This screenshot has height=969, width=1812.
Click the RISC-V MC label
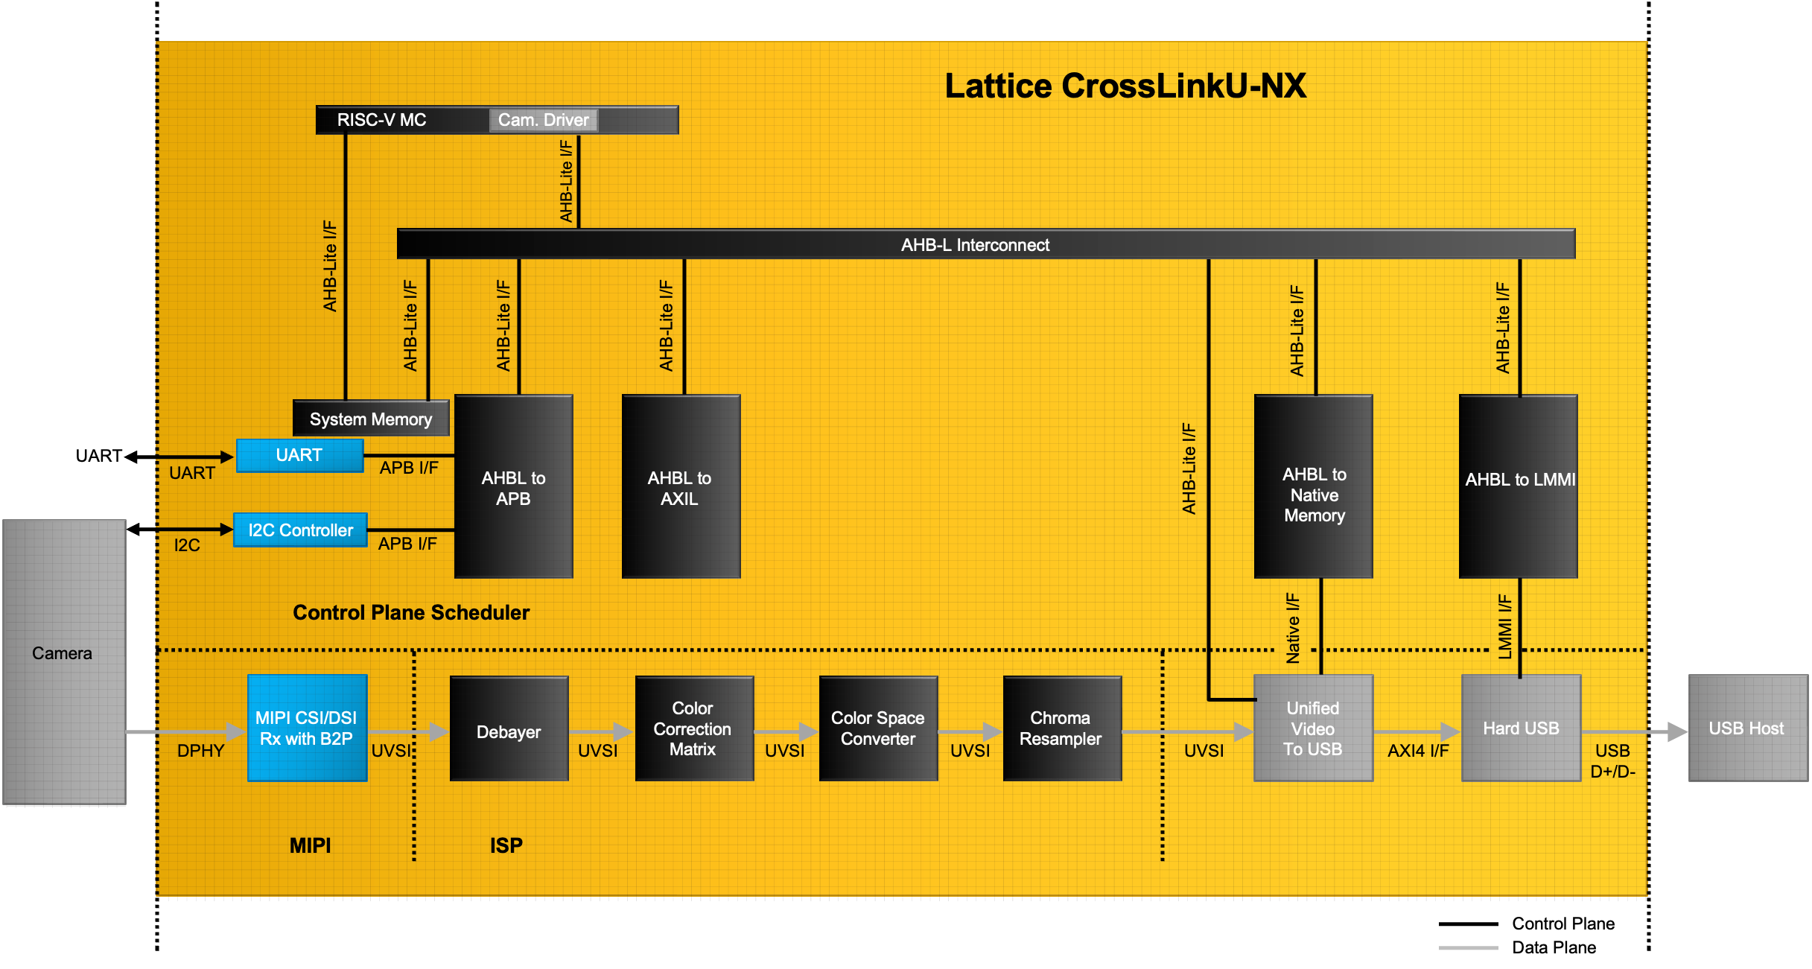[381, 120]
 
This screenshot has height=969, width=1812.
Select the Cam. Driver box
[543, 120]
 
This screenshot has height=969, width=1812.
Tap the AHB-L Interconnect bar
[976, 244]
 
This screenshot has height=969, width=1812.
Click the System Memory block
[371, 419]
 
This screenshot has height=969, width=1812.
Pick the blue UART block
[299, 455]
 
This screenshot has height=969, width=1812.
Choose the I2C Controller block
[300, 530]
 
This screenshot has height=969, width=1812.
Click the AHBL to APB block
[513, 487]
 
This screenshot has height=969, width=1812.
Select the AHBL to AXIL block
[680, 487]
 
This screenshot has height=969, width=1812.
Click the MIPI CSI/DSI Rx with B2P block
[307, 728]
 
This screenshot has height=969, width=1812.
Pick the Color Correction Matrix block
[693, 728]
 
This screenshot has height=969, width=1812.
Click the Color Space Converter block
[878, 728]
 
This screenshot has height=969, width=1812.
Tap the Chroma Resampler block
[1061, 728]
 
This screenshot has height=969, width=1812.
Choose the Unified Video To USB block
[1313, 728]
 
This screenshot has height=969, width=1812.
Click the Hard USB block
[1521, 728]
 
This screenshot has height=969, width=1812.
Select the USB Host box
[1747, 728]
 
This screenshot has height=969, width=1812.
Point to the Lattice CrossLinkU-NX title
[1125, 86]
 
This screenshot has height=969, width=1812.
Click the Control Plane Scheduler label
[411, 612]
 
